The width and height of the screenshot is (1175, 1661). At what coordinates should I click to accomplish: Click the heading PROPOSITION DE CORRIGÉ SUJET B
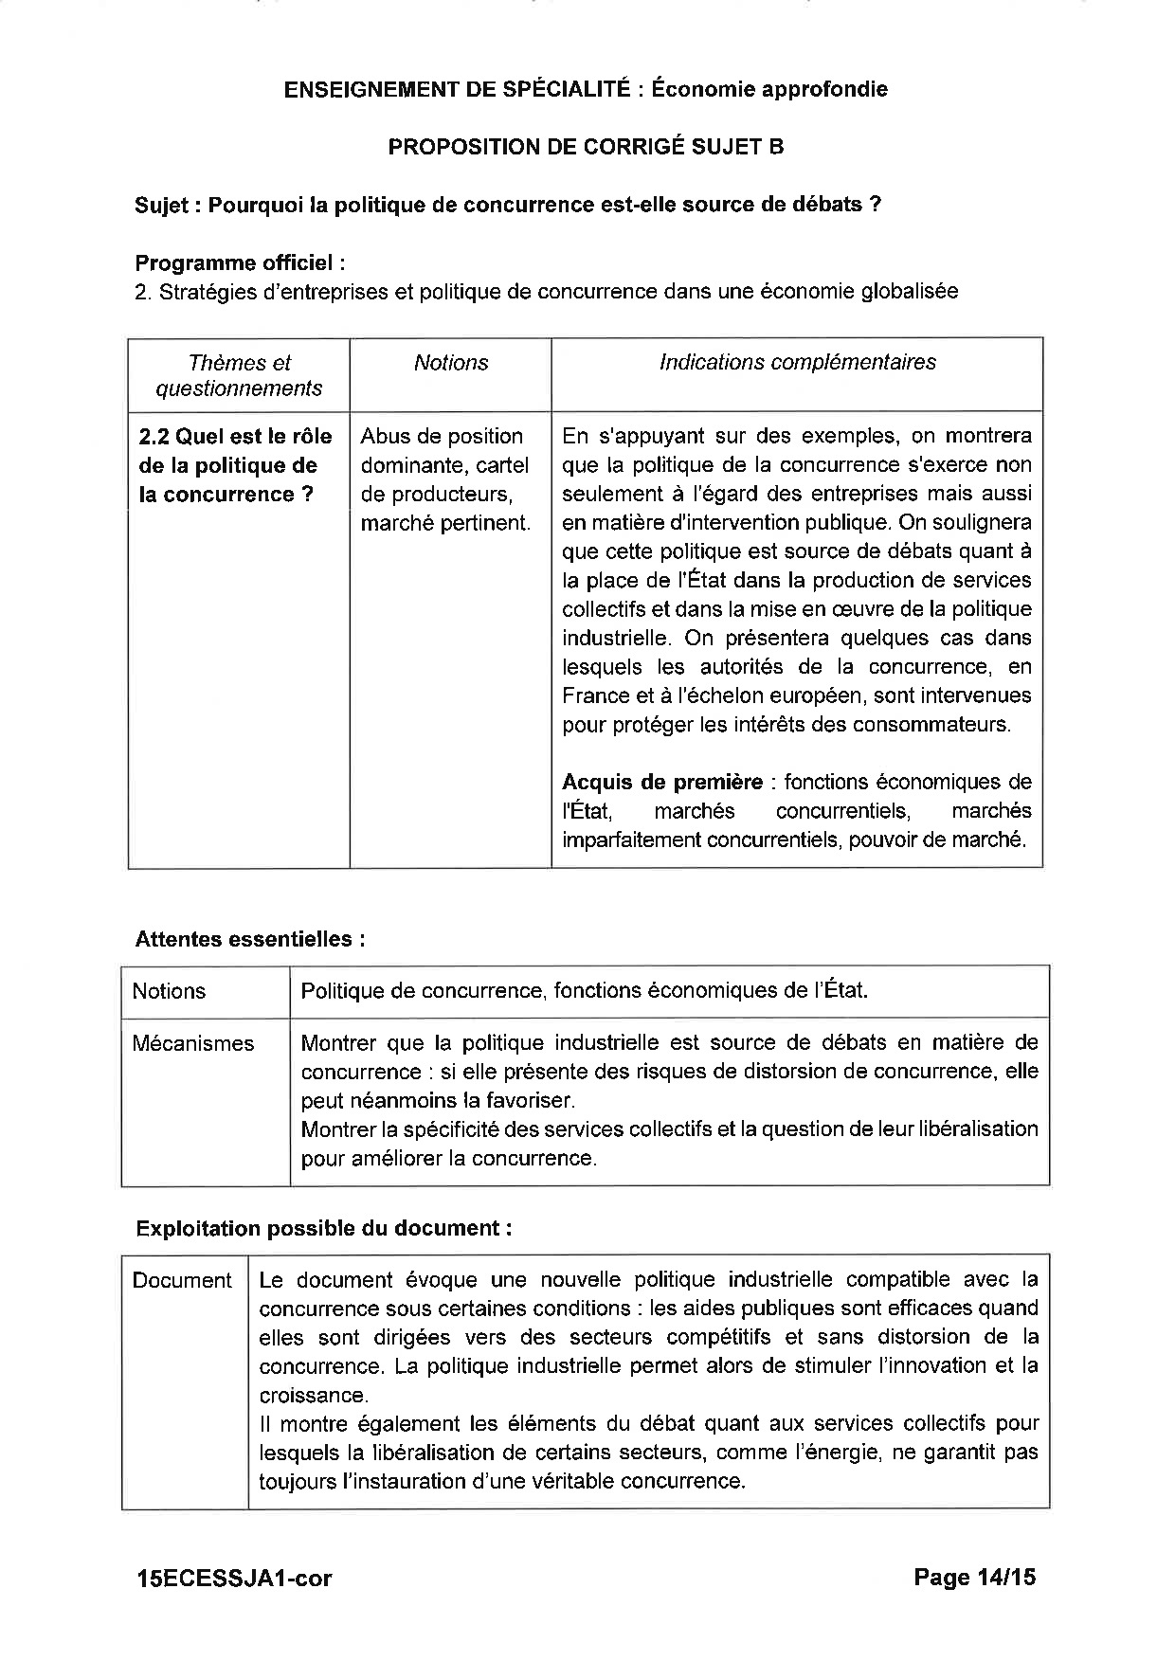(x=586, y=147)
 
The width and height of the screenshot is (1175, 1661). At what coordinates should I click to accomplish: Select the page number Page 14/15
(x=974, y=1577)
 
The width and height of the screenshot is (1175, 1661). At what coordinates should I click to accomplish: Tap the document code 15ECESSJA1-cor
(x=234, y=1578)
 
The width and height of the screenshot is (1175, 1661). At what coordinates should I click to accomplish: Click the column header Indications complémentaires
(x=797, y=362)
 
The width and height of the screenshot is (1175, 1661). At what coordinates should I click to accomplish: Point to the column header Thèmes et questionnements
(x=239, y=375)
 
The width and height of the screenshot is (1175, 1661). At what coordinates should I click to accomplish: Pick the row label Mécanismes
(x=193, y=1043)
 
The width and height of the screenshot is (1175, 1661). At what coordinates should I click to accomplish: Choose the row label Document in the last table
(x=182, y=1280)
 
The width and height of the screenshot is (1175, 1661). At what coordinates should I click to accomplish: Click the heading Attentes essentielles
(x=250, y=939)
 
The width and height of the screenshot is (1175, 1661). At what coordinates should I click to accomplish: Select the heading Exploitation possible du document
(x=324, y=1228)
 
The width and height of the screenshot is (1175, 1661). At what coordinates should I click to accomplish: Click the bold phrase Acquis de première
(x=662, y=782)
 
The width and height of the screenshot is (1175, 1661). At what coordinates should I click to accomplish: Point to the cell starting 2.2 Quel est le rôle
(x=236, y=465)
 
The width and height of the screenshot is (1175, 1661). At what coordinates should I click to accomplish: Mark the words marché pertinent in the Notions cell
(x=445, y=522)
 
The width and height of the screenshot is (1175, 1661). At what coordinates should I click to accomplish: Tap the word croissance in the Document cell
(x=312, y=1395)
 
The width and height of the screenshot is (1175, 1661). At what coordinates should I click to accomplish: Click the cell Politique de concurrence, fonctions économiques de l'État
(x=584, y=991)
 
